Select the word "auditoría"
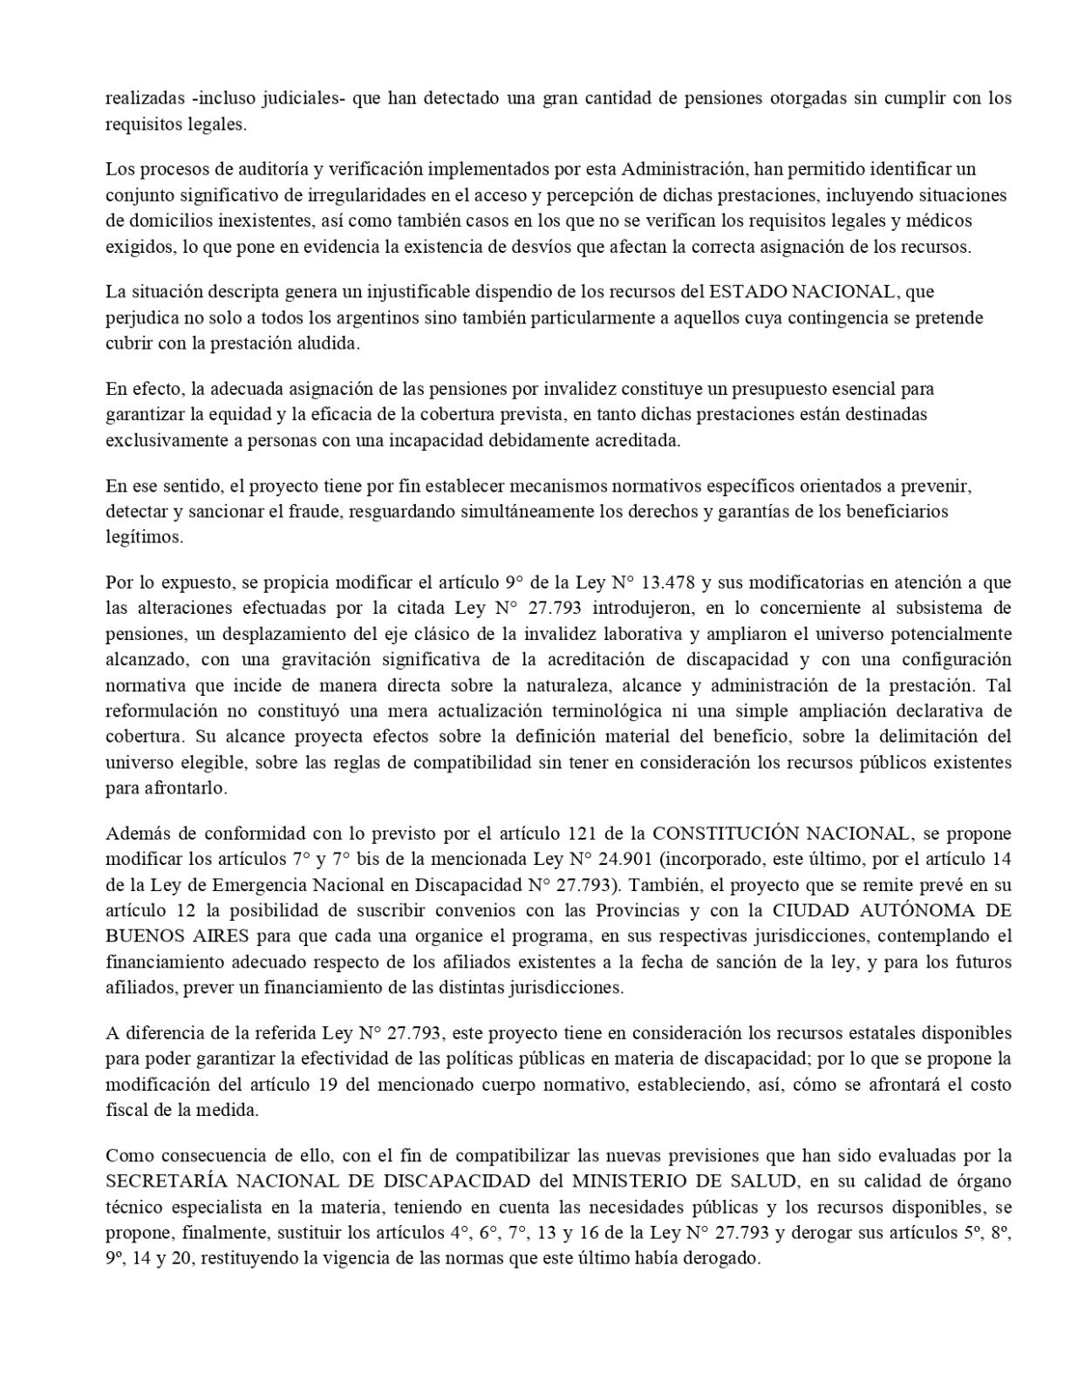pyautogui.click(x=238, y=168)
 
